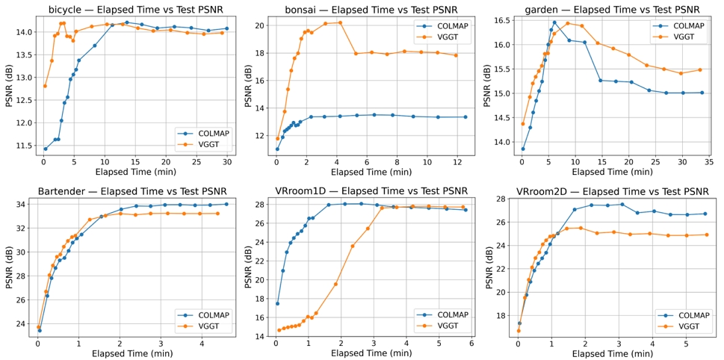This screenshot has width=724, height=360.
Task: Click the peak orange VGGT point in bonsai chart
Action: pos(340,22)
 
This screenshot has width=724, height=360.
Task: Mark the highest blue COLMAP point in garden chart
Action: pos(554,22)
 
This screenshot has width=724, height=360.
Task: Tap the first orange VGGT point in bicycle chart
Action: pos(45,86)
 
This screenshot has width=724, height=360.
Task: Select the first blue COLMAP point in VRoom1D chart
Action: pos(277,303)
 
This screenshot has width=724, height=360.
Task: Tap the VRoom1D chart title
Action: pos(372,190)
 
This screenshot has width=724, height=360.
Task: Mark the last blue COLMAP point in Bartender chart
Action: pos(226,204)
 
